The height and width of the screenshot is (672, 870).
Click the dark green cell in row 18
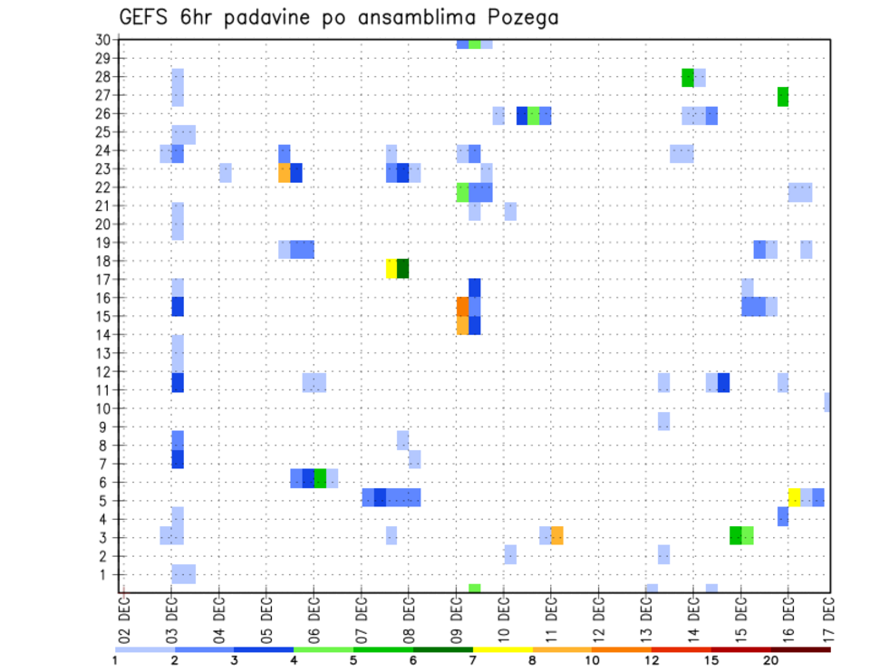click(402, 269)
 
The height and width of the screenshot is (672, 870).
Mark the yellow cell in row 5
click(794, 497)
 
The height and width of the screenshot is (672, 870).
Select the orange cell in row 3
click(556, 535)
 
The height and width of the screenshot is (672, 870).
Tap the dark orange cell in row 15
click(462, 307)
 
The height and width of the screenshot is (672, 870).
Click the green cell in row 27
click(783, 96)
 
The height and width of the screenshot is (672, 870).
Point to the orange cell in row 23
click(284, 172)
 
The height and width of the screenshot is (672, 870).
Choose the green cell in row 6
click(320, 478)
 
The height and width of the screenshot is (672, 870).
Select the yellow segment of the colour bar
click(502, 649)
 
